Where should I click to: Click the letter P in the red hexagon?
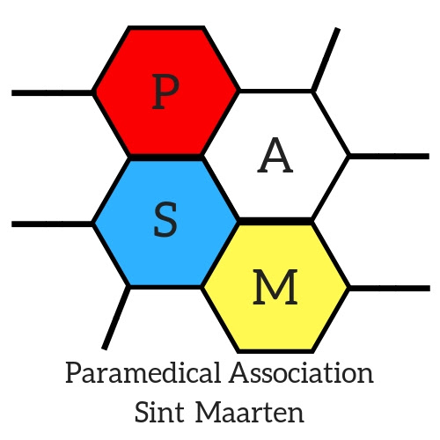(165, 92)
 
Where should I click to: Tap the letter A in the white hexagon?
(275, 155)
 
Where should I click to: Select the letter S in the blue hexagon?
(165, 219)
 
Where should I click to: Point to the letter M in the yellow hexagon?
(275, 287)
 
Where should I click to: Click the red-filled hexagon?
(165, 91)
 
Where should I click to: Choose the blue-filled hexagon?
(165, 223)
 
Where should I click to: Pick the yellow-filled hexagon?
(275, 288)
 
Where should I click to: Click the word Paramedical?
(143, 372)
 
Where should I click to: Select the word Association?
(302, 372)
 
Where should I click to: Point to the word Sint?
(159, 412)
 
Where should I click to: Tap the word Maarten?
(250, 412)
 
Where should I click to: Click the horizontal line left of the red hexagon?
(52, 93)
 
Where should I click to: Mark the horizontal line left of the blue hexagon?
(52, 224)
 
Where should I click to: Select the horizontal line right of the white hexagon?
(389, 156)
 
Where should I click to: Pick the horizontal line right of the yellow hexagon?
(390, 288)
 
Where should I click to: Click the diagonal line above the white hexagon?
(326, 60)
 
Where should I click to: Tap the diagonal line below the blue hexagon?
(116, 318)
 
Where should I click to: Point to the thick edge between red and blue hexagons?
(165, 158)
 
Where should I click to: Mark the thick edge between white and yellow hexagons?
(275, 222)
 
